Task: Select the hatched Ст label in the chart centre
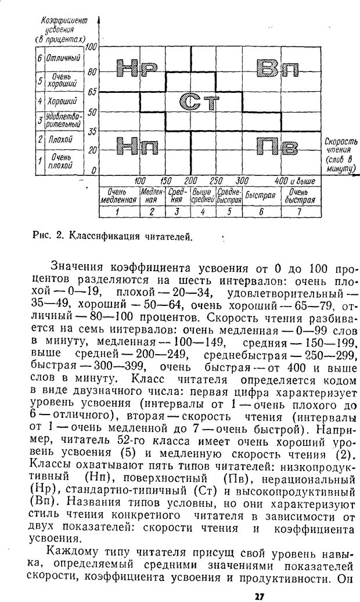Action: tap(199, 102)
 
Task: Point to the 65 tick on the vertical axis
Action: tap(92, 92)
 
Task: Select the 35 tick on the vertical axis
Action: tap(92, 131)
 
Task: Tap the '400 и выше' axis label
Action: tap(296, 181)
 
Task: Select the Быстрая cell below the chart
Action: tap(260, 196)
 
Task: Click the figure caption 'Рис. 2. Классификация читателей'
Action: tap(112, 236)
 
